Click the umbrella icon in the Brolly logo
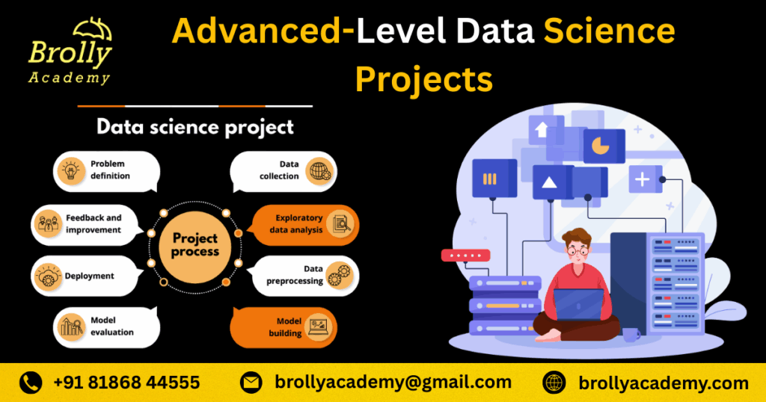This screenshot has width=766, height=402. pyautogui.click(x=93, y=30)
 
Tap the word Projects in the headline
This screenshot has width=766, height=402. pyautogui.click(x=423, y=79)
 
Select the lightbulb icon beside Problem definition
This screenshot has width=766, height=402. pyautogui.click(x=71, y=171)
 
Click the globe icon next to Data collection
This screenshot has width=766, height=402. pyautogui.click(x=319, y=172)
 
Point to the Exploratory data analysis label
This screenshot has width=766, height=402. pyautogui.click(x=296, y=224)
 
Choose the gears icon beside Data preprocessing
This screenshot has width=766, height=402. pyautogui.click(x=340, y=275)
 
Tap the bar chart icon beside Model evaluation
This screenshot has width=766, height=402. pyautogui.click(x=71, y=327)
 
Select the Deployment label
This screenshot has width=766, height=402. pyautogui.click(x=90, y=276)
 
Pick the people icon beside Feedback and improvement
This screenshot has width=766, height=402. pyautogui.click(x=49, y=224)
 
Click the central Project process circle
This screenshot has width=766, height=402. pyautogui.click(x=195, y=247)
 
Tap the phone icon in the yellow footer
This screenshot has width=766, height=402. pyautogui.click(x=30, y=383)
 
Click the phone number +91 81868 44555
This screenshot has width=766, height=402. pyautogui.click(x=126, y=383)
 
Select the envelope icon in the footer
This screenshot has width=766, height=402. pyautogui.click(x=251, y=383)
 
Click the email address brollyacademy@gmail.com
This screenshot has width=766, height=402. pyautogui.click(x=393, y=382)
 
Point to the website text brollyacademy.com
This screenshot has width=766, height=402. pyautogui.click(x=664, y=383)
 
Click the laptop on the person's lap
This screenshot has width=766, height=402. pyautogui.click(x=578, y=304)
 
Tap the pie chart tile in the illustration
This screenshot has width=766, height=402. pyautogui.click(x=604, y=146)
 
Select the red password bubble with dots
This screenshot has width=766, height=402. pyautogui.click(x=465, y=255)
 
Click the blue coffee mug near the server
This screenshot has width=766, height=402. pyautogui.click(x=631, y=335)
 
